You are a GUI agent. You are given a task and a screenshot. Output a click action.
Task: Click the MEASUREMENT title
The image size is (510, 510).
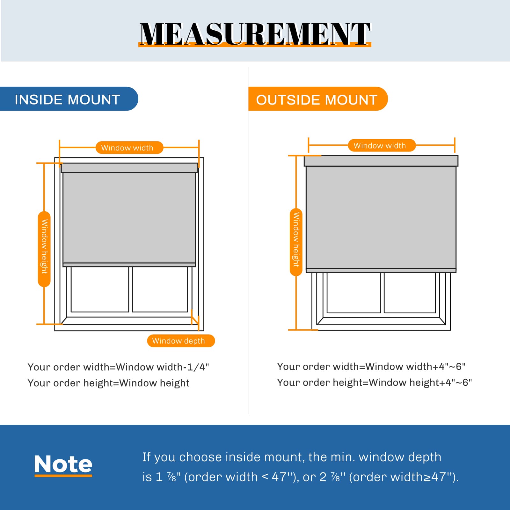[x=255, y=34]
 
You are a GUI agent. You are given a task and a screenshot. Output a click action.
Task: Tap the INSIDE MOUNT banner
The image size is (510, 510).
[x=69, y=99]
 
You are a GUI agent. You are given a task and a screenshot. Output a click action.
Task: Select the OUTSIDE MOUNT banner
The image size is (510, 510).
[x=318, y=99]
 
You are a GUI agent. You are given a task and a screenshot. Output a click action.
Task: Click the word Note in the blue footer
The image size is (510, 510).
[x=63, y=464]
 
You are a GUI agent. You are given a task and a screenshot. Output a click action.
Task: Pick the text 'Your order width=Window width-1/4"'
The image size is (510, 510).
[x=118, y=367]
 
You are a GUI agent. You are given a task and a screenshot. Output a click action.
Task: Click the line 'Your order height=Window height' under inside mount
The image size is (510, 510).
[x=108, y=383]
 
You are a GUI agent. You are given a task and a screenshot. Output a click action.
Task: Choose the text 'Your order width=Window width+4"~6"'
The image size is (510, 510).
[x=371, y=367]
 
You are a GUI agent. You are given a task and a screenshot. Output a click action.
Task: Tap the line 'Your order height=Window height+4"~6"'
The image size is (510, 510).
[x=374, y=382]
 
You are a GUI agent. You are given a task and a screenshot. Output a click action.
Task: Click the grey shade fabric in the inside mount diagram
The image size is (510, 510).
[x=129, y=218]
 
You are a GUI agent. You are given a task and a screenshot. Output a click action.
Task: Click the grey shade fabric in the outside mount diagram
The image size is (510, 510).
[x=381, y=217]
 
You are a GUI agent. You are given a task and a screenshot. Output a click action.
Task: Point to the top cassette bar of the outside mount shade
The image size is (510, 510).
[x=381, y=161]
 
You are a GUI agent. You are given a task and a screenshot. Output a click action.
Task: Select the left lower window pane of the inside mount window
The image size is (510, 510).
[x=100, y=289]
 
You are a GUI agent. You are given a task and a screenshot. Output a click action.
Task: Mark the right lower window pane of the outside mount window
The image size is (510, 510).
[x=410, y=293]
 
